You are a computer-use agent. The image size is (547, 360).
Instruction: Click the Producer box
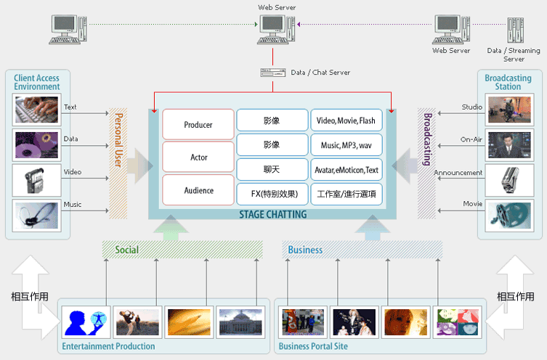pyautogui.click(x=198, y=124)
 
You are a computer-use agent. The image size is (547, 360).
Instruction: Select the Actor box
pyautogui.click(x=198, y=157)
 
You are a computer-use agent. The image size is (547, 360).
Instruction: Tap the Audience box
pyautogui.click(x=198, y=190)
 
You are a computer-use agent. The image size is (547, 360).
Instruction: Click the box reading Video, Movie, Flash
pyautogui.click(x=346, y=120)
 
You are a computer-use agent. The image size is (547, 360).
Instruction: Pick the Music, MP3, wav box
pyautogui.click(x=346, y=145)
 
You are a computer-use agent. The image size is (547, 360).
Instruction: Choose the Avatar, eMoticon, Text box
pyautogui.click(x=346, y=170)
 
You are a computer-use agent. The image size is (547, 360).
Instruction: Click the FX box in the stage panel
pyautogui.click(x=272, y=195)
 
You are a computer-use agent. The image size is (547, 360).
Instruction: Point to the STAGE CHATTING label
pyautogui.click(x=272, y=214)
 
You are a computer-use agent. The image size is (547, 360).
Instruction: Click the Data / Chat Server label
pyautogui.click(x=320, y=73)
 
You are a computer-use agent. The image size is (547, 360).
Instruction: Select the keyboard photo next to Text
pyautogui.click(x=36, y=108)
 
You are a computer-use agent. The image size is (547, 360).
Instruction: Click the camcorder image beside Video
pyautogui.click(x=36, y=180)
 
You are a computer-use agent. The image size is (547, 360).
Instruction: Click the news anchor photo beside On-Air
pyautogui.click(x=508, y=144)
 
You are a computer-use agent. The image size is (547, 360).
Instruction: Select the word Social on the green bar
pyautogui.click(x=126, y=250)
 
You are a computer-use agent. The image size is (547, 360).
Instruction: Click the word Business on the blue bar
pyautogui.click(x=305, y=250)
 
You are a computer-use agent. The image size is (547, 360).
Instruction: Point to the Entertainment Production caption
pyautogui.click(x=108, y=346)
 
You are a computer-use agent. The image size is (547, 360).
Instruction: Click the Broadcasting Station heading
pyautogui.click(x=508, y=82)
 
